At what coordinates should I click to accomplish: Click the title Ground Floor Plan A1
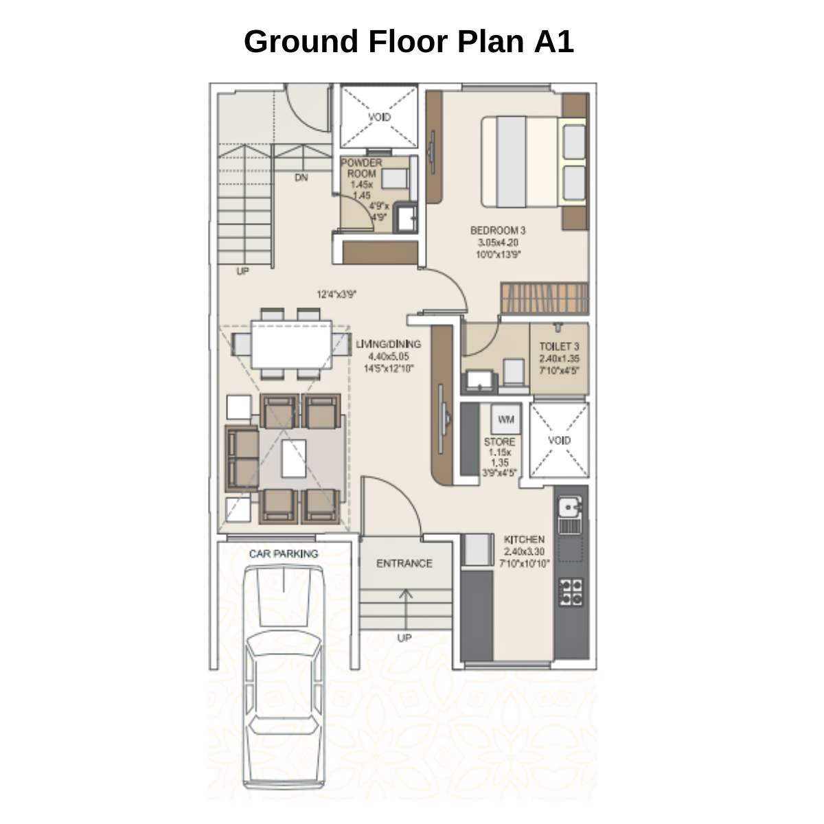point(409,41)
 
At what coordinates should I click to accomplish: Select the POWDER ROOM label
point(361,168)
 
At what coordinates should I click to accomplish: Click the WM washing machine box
point(506,420)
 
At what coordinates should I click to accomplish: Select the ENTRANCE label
point(404,563)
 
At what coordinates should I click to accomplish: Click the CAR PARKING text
point(284,553)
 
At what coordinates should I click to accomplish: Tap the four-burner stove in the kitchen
point(571,593)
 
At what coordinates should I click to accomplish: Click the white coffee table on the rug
point(293,459)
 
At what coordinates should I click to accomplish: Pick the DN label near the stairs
point(301,177)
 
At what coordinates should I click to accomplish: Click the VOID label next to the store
point(559,440)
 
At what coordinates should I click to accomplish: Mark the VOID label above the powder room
point(379,117)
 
